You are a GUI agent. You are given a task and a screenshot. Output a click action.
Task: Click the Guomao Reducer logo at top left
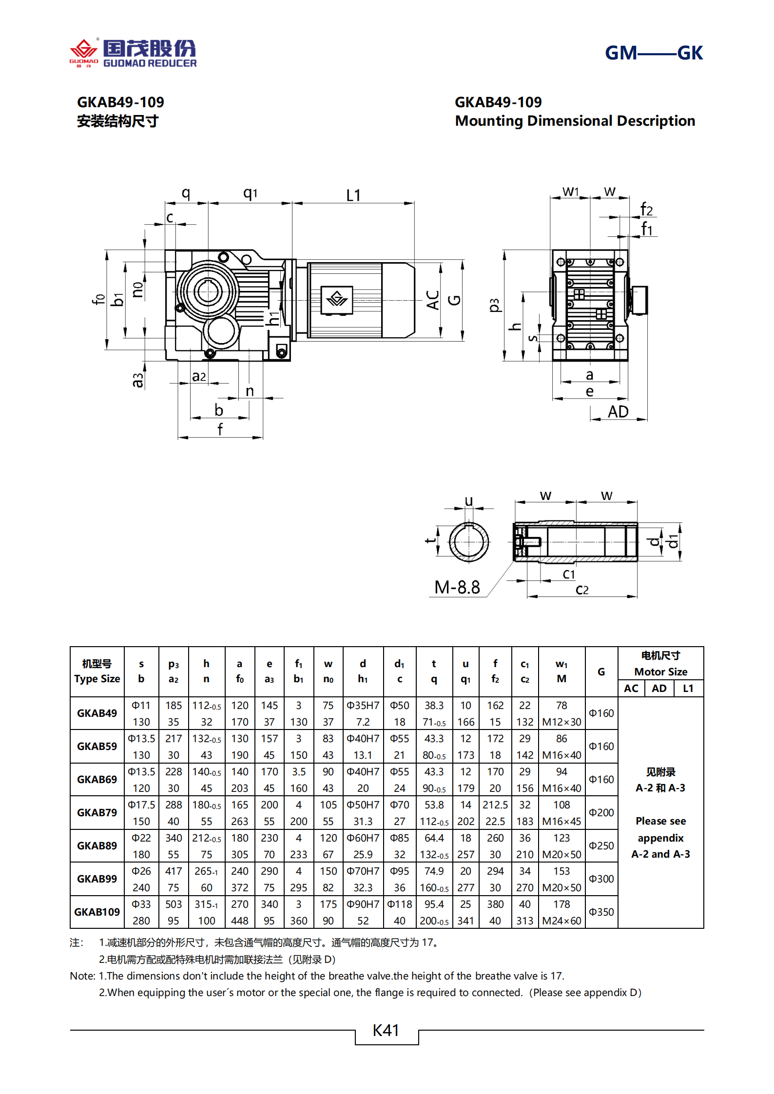pos(133,53)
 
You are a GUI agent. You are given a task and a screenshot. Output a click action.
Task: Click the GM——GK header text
pos(653,53)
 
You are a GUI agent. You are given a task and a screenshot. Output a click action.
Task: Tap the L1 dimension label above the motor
pos(353,195)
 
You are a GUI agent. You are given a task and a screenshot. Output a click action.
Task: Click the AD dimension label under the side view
pos(618,412)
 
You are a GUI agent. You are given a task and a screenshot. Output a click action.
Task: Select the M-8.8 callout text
pos(457,587)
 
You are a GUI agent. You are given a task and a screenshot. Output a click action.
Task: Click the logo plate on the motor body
pos(337,298)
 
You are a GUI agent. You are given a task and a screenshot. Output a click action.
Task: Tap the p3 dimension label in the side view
pos(494,305)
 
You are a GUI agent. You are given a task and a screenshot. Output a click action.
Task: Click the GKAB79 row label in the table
pos(97,812)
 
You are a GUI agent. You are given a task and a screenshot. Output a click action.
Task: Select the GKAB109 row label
pos(97,912)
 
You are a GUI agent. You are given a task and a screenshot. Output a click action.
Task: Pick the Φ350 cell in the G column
pos(601,912)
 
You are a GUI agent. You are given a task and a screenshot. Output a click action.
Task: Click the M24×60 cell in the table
pos(561,921)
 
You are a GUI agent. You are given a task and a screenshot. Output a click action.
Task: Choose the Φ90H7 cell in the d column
pos(363,904)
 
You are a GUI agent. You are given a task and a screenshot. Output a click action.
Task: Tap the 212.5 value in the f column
pos(495,805)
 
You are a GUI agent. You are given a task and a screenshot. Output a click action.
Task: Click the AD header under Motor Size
pos(659,688)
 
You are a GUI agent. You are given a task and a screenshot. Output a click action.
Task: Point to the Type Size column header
pos(97,678)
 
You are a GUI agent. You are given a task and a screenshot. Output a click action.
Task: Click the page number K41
pos(386,1030)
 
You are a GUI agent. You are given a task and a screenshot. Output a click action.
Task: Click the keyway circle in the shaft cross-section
pos(468,541)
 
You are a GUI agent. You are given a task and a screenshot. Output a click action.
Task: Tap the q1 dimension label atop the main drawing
pos(250,193)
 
